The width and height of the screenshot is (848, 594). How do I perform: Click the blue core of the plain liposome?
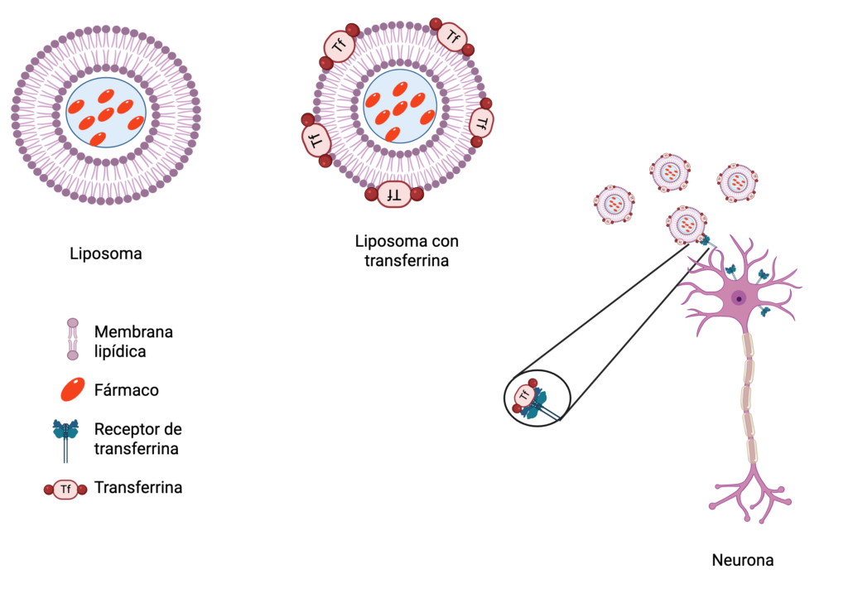point(106,112)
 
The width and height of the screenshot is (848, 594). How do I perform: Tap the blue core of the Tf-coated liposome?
point(399,106)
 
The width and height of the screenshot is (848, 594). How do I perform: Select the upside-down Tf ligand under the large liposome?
point(394,195)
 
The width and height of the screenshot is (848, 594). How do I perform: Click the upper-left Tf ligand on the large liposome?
point(339,46)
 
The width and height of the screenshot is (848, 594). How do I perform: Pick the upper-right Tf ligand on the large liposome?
point(452,36)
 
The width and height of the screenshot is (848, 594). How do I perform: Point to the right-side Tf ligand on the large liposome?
point(481,123)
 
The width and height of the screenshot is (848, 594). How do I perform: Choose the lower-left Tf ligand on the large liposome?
point(316,140)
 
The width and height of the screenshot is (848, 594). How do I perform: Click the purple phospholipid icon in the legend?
point(73,339)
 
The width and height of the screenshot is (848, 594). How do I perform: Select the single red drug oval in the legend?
point(73,389)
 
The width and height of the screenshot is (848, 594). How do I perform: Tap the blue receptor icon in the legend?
point(65,437)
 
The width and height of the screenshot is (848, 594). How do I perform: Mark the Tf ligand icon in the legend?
point(65,490)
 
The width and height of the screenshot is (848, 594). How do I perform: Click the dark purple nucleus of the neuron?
point(739,297)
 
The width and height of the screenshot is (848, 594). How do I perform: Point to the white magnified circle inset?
point(537,398)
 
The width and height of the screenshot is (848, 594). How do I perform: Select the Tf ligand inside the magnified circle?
point(525,396)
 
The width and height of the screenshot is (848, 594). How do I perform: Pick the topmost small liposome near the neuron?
point(670,172)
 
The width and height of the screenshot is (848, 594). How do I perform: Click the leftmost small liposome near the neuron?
point(614,204)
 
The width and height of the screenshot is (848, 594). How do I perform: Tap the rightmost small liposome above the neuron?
point(737,182)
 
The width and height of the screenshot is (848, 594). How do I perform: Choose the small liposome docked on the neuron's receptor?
point(687,225)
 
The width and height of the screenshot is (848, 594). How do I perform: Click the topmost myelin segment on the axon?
point(749,344)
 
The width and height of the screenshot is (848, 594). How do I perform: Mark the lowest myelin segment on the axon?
point(752,451)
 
